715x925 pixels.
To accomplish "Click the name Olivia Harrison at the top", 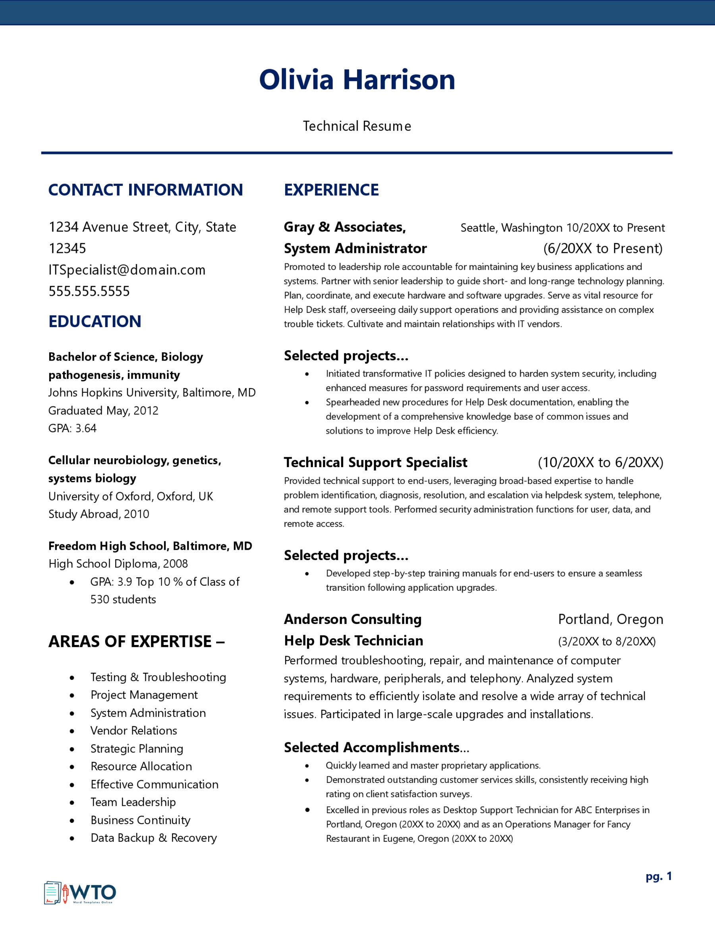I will coord(357,79).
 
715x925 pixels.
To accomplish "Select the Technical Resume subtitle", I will coord(357,126).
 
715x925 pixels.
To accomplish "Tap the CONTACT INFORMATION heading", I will coord(145,190).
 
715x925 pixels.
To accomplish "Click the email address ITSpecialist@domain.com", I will coord(127,270).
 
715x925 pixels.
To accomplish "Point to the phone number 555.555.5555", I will coord(89,292).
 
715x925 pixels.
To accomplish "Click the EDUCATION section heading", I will coord(95,321).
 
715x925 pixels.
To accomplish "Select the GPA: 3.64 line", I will coord(72,428).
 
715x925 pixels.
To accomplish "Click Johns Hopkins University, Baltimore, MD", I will coord(152,393).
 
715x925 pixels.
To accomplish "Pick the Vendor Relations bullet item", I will coord(133,731).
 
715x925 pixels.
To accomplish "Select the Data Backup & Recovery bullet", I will coord(153,838).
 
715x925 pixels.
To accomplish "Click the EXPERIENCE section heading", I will coord(331,190).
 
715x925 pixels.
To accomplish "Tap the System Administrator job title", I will coord(355,248).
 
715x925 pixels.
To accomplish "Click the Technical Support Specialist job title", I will coord(375,462).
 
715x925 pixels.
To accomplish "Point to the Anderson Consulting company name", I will coord(352,619).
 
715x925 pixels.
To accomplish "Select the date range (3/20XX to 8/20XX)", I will coord(607,641).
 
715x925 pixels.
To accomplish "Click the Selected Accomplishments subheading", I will coord(376,747).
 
